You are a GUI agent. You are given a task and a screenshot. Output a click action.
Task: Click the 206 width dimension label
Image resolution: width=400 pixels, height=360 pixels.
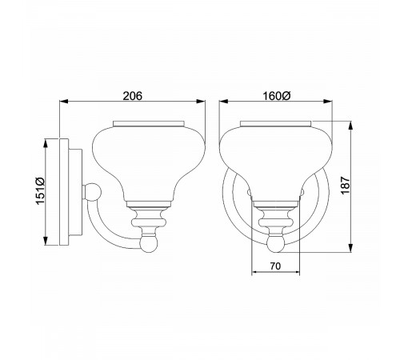click(132, 96)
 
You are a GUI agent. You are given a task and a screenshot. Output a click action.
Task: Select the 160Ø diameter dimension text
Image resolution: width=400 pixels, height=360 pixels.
click(276, 96)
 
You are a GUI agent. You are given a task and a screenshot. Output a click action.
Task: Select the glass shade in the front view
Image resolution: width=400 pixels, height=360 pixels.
click(276, 156)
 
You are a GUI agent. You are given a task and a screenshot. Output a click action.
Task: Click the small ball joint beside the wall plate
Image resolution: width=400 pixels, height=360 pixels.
click(94, 192)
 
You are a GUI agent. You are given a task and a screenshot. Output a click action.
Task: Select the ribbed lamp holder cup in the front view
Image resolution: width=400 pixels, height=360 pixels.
click(276, 214)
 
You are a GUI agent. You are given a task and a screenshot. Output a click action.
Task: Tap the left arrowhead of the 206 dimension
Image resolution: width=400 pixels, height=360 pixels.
click(65, 102)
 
